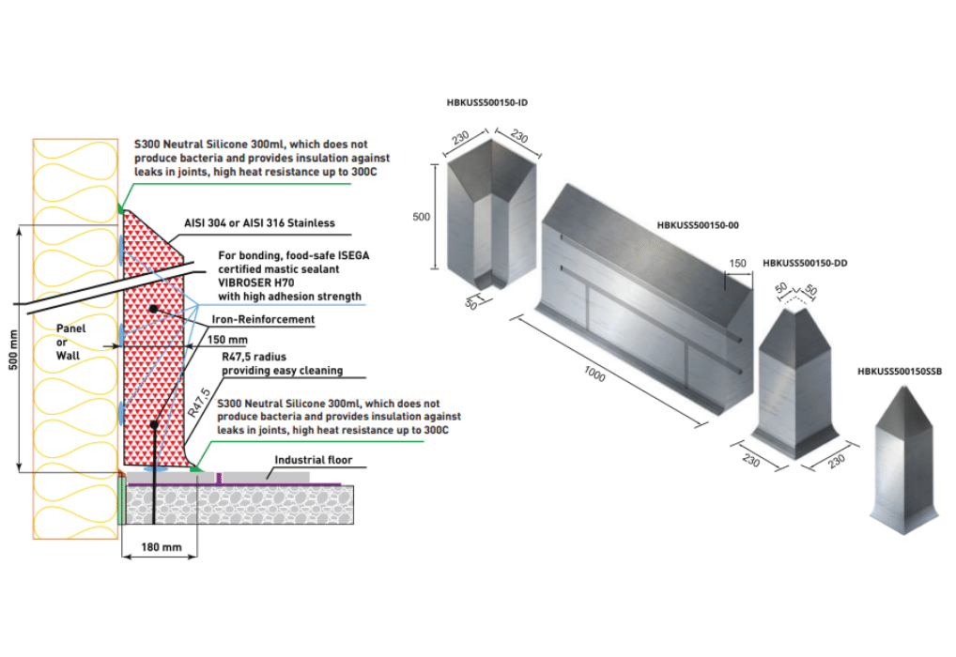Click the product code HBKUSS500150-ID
coord(487,101)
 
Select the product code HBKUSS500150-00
coord(699,225)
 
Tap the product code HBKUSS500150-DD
coord(805,264)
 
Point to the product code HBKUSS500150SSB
coord(899,372)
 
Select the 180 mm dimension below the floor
coord(159,546)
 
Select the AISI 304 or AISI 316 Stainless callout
coord(265,223)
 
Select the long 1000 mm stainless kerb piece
coord(639,300)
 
